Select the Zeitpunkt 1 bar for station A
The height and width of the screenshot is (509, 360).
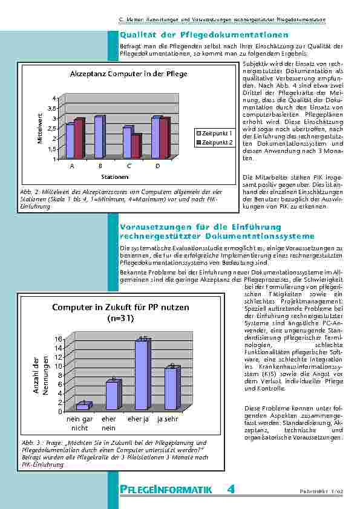[70, 141]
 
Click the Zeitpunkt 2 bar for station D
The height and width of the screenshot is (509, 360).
[164, 139]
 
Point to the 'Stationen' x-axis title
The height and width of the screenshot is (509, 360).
[114, 177]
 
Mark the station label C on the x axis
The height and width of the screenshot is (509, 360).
[129, 165]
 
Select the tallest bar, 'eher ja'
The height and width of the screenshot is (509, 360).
[140, 375]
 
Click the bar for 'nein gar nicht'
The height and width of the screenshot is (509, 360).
[83, 407]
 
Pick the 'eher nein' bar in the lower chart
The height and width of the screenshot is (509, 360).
[113, 395]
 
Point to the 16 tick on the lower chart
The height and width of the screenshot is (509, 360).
[59, 339]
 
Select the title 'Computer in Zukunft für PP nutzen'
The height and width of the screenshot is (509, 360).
[121, 307]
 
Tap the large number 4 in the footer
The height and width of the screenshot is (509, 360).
[231, 488]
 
